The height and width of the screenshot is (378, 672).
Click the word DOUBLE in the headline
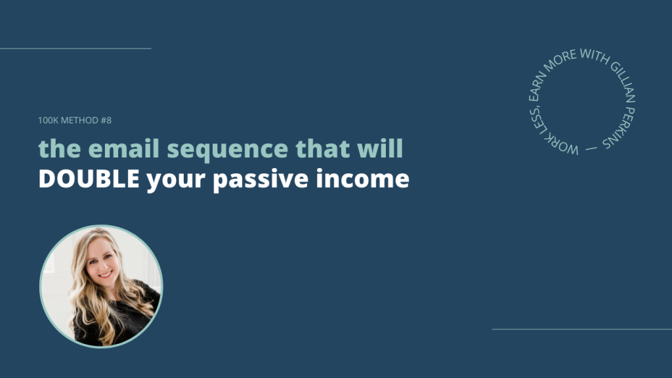[89, 178]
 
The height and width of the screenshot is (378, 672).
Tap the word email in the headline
[124, 148]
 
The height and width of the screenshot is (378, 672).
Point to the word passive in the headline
[261, 180]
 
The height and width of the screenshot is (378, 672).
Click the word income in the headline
[362, 178]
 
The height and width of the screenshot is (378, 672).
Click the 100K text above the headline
[48, 121]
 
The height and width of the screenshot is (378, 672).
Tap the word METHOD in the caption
[79, 121]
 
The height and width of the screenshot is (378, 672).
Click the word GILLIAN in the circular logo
[622, 82]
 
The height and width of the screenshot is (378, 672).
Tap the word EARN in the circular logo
[537, 86]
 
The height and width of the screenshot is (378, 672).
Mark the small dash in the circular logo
[591, 149]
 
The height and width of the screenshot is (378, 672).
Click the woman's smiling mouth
[106, 274]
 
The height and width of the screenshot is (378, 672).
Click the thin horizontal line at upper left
[75, 49]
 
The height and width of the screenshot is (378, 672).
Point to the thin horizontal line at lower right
[582, 329]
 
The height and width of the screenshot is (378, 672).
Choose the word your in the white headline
[176, 180]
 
